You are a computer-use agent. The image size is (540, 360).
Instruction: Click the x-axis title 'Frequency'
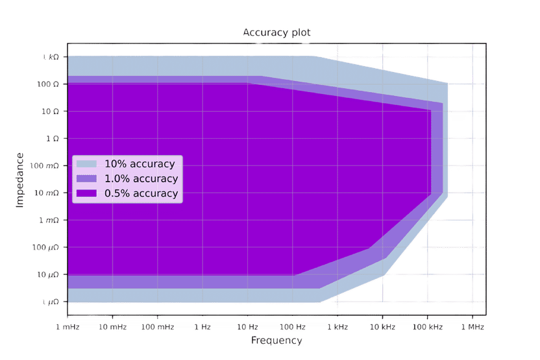tap(276, 340)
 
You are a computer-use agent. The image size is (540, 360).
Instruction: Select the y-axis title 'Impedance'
tap(19, 180)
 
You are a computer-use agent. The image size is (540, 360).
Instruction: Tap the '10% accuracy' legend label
tap(140, 164)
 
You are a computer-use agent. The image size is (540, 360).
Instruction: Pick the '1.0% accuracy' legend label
tap(141, 178)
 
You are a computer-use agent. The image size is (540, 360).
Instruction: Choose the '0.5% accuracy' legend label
tap(141, 193)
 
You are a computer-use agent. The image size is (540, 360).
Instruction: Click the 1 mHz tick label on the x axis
tap(67, 328)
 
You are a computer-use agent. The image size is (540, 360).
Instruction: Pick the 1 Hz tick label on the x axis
tap(202, 328)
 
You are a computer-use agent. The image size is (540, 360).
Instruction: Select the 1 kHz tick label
tap(337, 328)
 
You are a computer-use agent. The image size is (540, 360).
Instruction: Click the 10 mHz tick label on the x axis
tap(112, 328)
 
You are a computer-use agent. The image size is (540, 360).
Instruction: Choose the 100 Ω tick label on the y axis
tap(47, 84)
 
